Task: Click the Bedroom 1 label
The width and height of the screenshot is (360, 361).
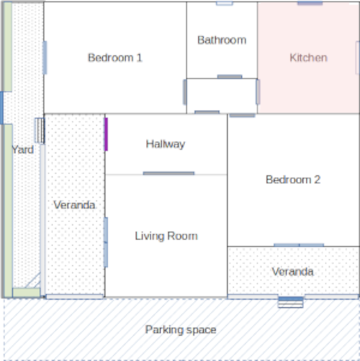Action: click(115, 58)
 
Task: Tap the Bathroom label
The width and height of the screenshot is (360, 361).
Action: click(222, 40)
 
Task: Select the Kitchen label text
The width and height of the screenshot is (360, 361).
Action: click(308, 58)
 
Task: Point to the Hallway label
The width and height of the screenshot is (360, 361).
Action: click(166, 145)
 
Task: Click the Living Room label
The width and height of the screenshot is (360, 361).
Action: click(166, 236)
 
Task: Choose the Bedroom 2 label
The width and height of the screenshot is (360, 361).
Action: click(293, 180)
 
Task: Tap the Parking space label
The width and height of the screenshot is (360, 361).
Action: click(181, 330)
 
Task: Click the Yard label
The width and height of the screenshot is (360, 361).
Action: click(23, 150)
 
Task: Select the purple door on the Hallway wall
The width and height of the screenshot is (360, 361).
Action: click(106, 134)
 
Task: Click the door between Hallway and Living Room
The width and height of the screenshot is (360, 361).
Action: click(168, 173)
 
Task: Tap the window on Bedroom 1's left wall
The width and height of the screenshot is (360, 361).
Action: click(45, 58)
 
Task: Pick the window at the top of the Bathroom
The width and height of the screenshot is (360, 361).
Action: click(225, 4)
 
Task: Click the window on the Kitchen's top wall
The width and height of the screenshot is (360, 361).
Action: click(310, 3)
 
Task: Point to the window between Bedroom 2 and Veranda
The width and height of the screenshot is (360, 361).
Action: click(299, 245)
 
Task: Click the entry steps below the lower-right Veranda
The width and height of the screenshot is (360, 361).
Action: click(291, 302)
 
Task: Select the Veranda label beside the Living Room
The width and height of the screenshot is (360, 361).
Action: click(74, 205)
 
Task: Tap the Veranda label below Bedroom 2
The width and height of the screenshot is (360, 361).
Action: click(292, 272)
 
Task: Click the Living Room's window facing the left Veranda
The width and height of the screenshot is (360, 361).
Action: click(106, 242)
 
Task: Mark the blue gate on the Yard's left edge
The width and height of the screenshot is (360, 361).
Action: click(1, 108)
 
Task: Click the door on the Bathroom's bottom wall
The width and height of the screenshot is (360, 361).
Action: click(230, 77)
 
